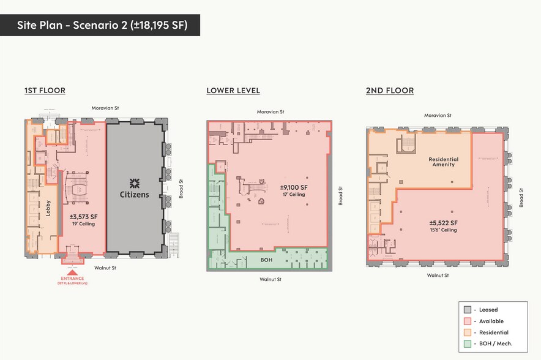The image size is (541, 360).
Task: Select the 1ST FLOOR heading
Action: click(x=45, y=91)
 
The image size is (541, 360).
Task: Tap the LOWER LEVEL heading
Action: click(x=233, y=91)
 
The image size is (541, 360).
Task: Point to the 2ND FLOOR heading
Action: click(x=390, y=91)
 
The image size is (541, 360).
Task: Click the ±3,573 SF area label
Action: click(x=82, y=216)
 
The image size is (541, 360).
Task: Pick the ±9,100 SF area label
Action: click(x=293, y=187)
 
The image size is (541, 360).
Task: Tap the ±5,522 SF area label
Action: click(x=441, y=223)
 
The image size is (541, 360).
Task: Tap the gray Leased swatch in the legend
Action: click(x=468, y=309)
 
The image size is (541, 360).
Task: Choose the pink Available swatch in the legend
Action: click(x=468, y=321)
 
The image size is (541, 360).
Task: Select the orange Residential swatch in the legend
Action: click(x=468, y=332)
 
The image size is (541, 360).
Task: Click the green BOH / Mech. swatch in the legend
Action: click(x=468, y=344)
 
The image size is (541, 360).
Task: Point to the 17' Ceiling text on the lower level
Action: click(x=293, y=195)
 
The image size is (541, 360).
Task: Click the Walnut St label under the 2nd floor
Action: click(x=438, y=276)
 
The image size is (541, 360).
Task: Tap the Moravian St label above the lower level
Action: click(x=270, y=112)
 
